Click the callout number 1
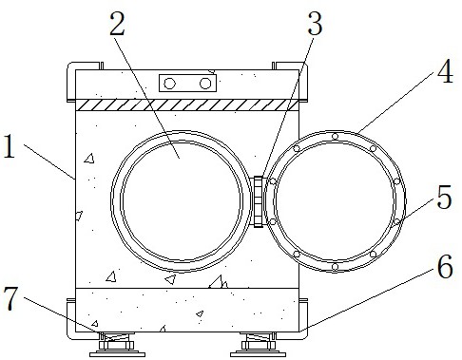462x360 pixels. click(x=10, y=146)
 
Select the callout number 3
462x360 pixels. click(x=315, y=24)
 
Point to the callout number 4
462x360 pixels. click(x=445, y=71)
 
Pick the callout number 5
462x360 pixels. click(x=444, y=197)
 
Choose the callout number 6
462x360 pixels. click(x=445, y=267)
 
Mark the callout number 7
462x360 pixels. click(x=10, y=299)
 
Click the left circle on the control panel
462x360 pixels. click(x=169, y=84)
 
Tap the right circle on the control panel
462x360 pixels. click(x=205, y=84)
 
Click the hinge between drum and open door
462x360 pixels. click(x=259, y=201)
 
